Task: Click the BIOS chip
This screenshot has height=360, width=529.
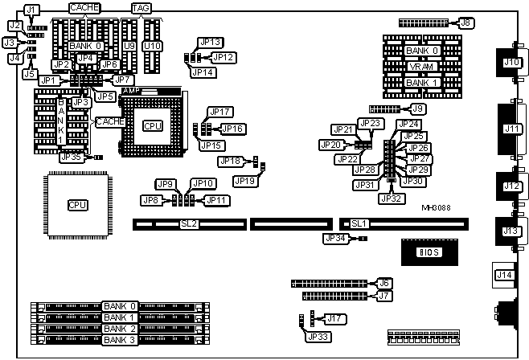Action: point(427,252)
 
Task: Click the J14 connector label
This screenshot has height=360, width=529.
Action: point(504,275)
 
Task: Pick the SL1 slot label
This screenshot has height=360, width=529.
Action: point(359,223)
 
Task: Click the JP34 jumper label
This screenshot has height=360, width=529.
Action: point(335,238)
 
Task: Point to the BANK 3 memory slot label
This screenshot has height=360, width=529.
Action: point(120,340)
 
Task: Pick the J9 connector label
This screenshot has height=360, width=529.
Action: point(418,108)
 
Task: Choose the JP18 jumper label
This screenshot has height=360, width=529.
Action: point(230,162)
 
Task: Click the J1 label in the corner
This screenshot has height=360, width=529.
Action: point(31,10)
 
